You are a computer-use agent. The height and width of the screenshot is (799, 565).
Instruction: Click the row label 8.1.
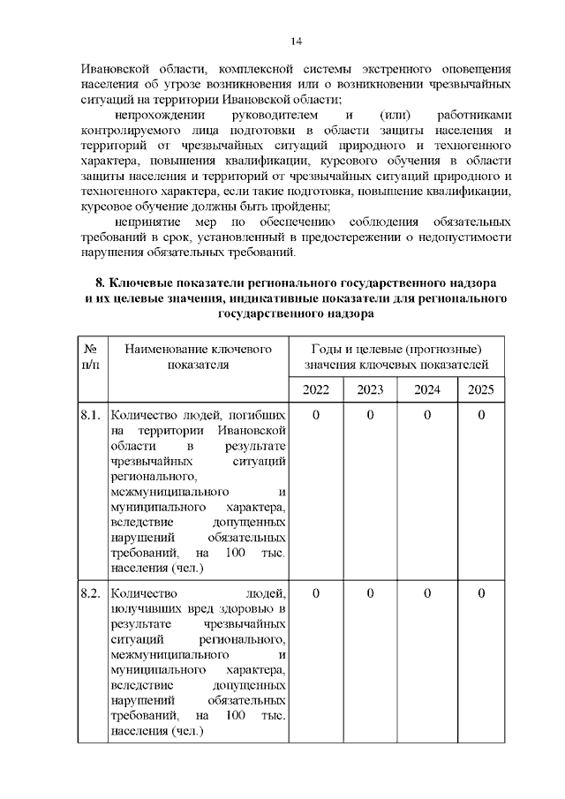pyautogui.click(x=90, y=414)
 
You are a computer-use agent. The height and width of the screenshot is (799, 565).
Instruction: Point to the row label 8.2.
pyautogui.click(x=90, y=593)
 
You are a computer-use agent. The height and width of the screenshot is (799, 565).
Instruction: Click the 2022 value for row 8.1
pyautogui.click(x=315, y=414)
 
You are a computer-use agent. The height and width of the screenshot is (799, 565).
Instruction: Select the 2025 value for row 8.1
pyautogui.click(x=481, y=414)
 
